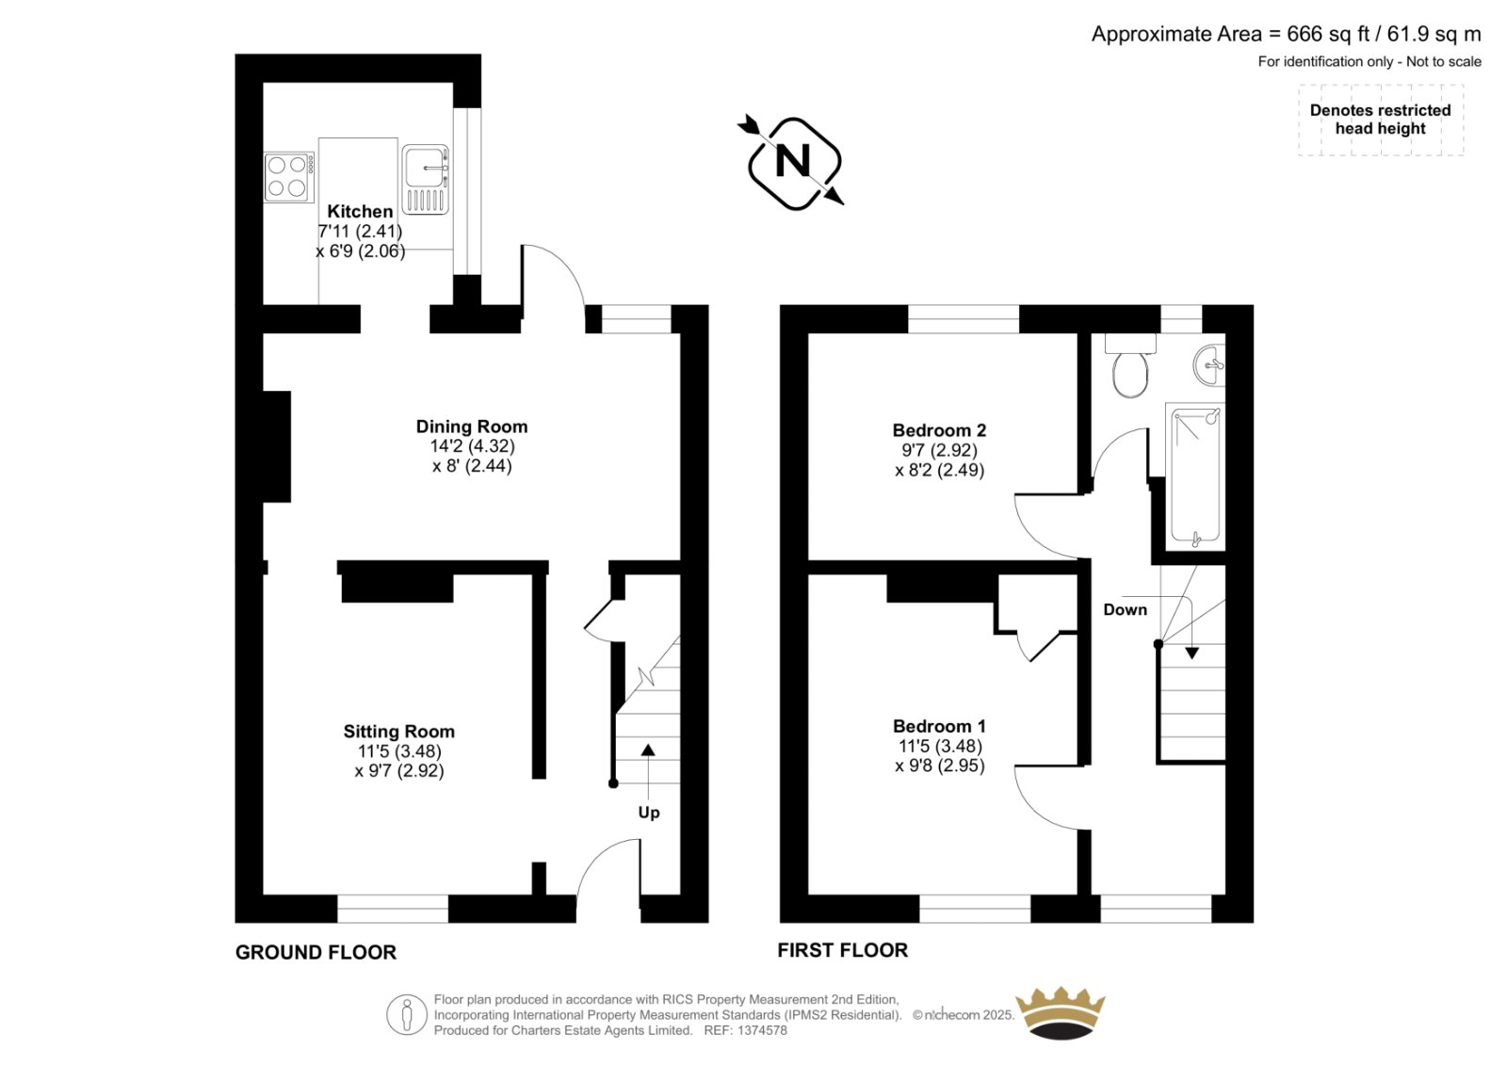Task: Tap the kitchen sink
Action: (x=425, y=180)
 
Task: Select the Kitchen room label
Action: (x=360, y=211)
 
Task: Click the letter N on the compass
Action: (x=792, y=161)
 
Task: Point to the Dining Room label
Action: (x=472, y=427)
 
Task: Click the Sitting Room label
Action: (x=399, y=732)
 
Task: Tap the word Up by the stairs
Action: (x=649, y=813)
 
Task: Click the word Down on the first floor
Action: (x=1125, y=609)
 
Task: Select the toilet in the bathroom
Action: (x=1130, y=366)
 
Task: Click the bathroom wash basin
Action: (x=1209, y=365)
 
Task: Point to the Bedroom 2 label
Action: (x=939, y=430)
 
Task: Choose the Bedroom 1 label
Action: (x=939, y=727)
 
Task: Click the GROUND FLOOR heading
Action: (x=316, y=953)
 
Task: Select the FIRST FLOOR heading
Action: (x=842, y=951)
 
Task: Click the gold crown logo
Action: (x=1061, y=1013)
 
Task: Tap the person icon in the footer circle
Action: (x=406, y=1014)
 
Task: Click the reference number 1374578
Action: (x=762, y=1031)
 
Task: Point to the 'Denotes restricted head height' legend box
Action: (x=1381, y=120)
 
